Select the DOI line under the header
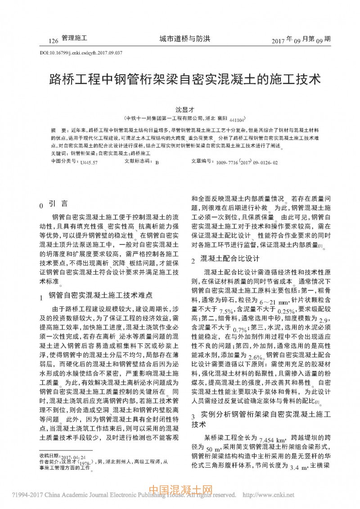[81, 53]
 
